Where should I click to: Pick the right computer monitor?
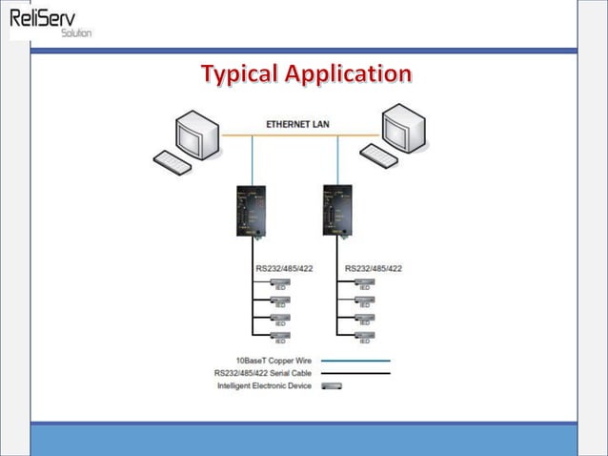coord(404,128)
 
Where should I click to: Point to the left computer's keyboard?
coord(172,162)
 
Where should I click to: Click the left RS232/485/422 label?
coord(283,268)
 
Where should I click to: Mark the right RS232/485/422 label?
coord(373,268)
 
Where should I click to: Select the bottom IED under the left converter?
coord(280,336)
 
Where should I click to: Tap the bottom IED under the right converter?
coord(364,336)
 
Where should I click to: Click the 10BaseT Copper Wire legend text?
coord(274,361)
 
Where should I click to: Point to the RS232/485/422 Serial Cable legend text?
coord(264,373)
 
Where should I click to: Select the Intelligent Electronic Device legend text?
coord(264,385)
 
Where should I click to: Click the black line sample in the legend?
coord(355,373)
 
